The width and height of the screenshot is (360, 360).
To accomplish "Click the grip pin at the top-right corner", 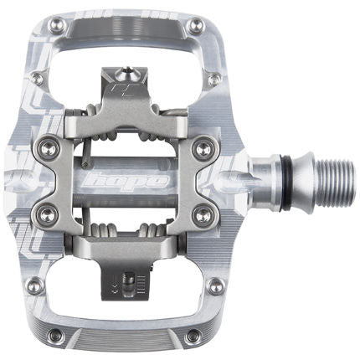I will pos(196,26).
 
